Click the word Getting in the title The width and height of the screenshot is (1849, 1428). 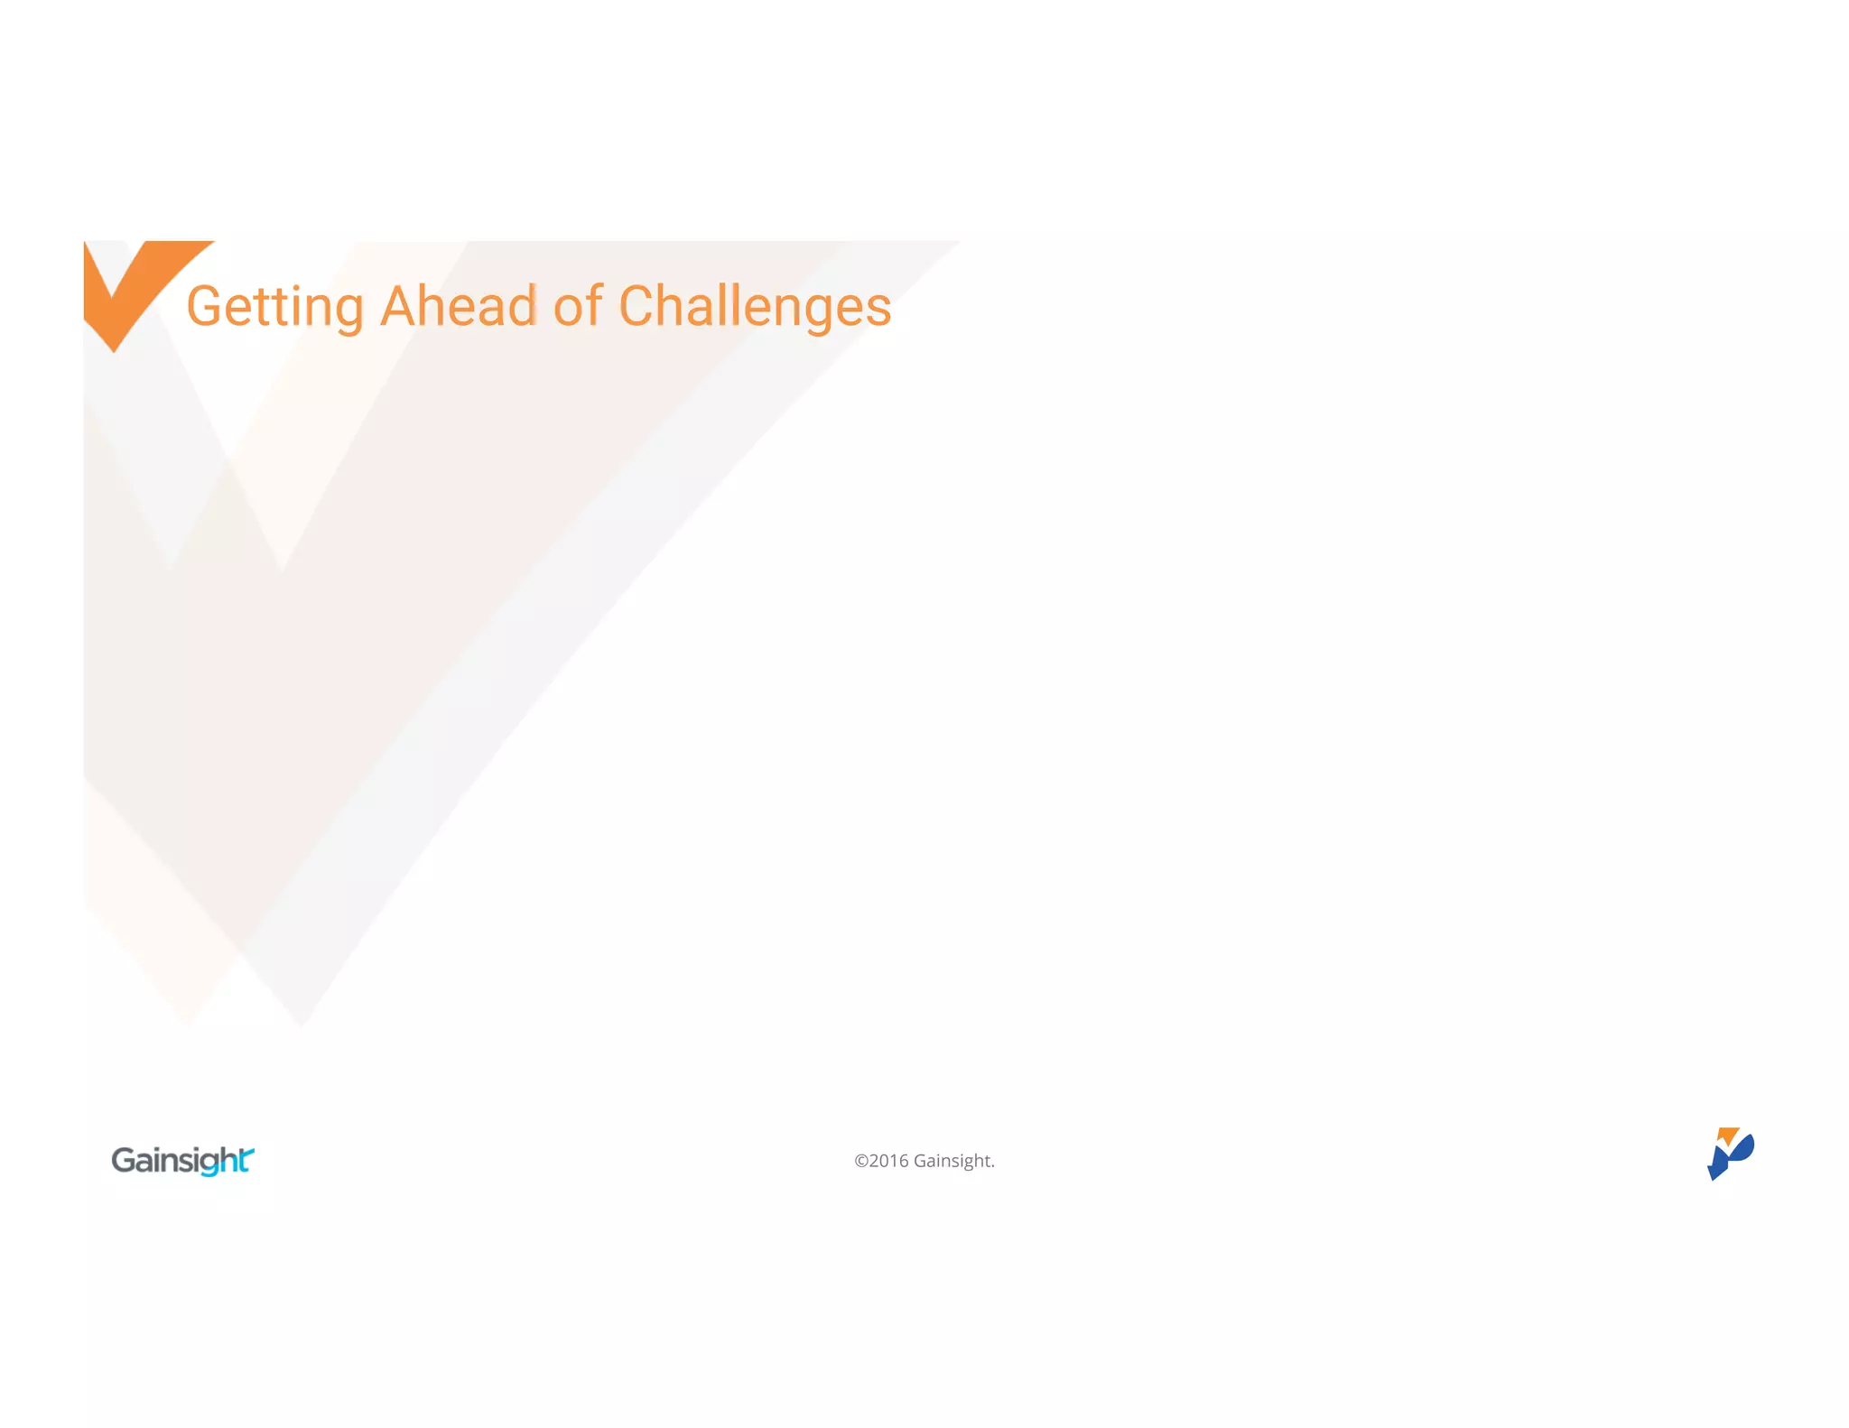tap(274, 307)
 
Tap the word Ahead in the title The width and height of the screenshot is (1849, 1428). tap(459, 307)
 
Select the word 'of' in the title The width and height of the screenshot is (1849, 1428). tap(577, 307)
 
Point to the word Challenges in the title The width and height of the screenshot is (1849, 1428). tap(755, 307)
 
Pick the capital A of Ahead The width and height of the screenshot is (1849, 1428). tap(400, 307)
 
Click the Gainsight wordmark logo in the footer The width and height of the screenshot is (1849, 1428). tap(182, 1160)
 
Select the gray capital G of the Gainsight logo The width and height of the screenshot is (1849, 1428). tap(124, 1160)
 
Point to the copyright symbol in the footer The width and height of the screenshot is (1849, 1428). tap(861, 1161)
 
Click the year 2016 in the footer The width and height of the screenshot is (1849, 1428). tap(889, 1161)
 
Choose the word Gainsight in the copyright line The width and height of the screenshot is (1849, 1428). tap(952, 1161)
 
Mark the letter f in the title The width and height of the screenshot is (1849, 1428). tap(595, 305)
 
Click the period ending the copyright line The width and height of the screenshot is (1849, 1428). tap(992, 1166)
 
